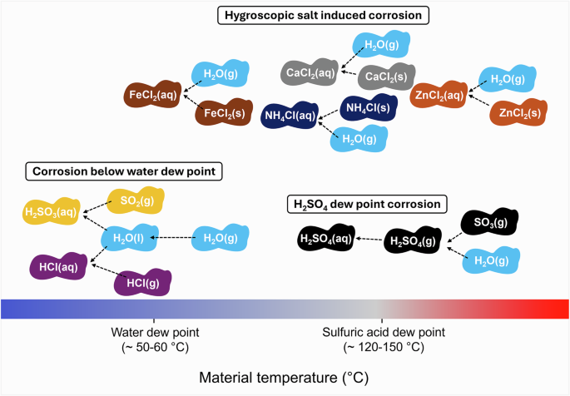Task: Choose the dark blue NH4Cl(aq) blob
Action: [289, 116]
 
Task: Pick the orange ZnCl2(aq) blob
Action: [439, 96]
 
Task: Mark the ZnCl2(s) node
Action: [519, 112]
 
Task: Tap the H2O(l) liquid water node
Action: [125, 239]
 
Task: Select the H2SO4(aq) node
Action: [325, 240]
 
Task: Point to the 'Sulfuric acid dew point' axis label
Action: [384, 332]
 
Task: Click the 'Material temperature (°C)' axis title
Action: [285, 378]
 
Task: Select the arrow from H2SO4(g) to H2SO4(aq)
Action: [369, 240]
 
